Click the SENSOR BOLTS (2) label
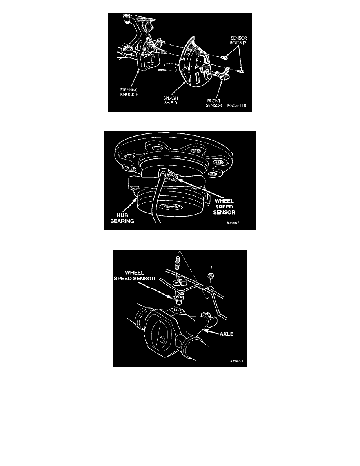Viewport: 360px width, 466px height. pyautogui.click(x=239, y=40)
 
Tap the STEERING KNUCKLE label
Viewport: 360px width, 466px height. pyautogui.click(x=129, y=92)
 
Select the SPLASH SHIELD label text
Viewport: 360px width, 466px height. pyautogui.click(x=171, y=100)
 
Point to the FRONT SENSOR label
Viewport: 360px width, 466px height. pyautogui.click(x=214, y=103)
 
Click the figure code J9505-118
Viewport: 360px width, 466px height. pyautogui.click(x=236, y=106)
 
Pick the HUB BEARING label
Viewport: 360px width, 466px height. pyautogui.click(x=122, y=218)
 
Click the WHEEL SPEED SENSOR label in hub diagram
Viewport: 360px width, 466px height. pyautogui.click(x=224, y=207)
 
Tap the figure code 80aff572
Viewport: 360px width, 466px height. pyautogui.click(x=233, y=222)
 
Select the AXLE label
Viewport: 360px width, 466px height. pyautogui.click(x=226, y=334)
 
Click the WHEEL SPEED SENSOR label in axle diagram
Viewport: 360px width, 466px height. pyautogui.click(x=134, y=275)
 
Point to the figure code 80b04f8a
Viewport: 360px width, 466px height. pyautogui.click(x=236, y=361)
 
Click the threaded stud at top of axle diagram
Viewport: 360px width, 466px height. pyautogui.click(x=178, y=263)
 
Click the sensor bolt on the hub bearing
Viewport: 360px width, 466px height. pyautogui.click(x=172, y=177)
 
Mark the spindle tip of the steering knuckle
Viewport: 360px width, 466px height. pyautogui.click(x=165, y=53)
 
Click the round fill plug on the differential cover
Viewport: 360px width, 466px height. pyautogui.click(x=162, y=340)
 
